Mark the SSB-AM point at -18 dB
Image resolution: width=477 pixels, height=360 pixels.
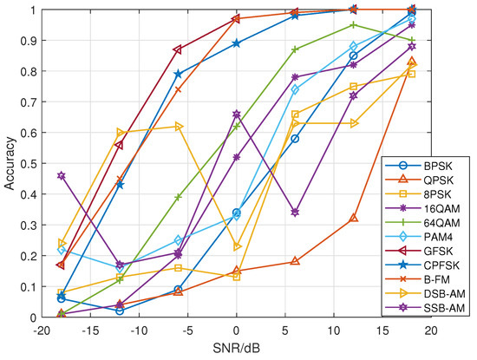(61, 175)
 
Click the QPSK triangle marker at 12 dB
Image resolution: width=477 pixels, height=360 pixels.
(353, 219)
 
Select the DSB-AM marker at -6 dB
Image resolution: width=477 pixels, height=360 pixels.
(178, 127)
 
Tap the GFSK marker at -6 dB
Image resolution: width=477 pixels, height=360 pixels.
(178, 49)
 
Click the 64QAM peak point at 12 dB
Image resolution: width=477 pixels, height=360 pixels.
(353, 25)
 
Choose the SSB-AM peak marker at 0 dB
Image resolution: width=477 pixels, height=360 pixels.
(236, 114)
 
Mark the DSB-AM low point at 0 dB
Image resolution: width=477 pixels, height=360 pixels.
(236, 246)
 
